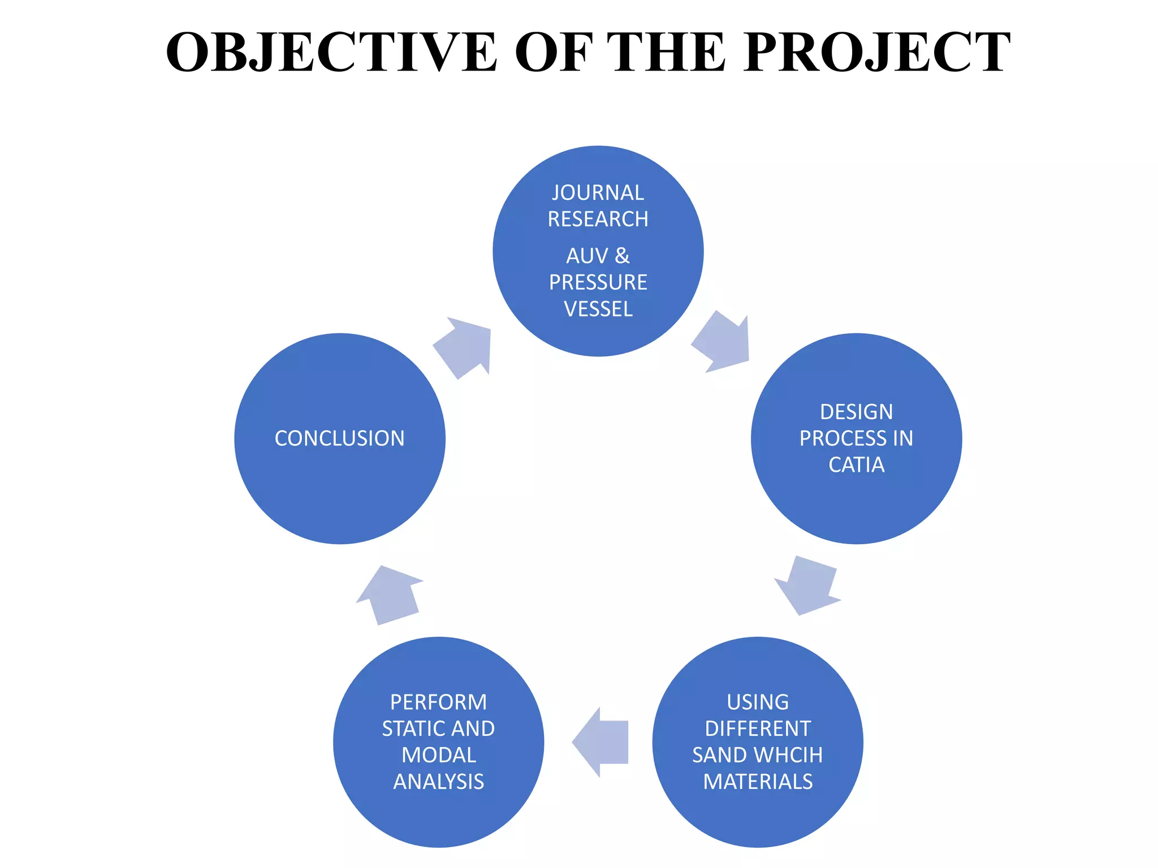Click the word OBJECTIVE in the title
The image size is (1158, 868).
click(x=331, y=52)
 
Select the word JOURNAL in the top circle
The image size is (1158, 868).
click(x=598, y=193)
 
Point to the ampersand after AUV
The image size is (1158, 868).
click(x=622, y=256)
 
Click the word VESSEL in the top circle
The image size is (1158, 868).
click(x=598, y=309)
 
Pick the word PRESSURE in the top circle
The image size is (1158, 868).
click(x=598, y=283)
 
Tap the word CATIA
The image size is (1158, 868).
click(x=856, y=465)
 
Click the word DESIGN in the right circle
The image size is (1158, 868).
click(x=856, y=412)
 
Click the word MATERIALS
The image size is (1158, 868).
click(x=758, y=782)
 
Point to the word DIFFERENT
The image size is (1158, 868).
click(x=758, y=728)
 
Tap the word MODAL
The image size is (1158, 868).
click(x=439, y=755)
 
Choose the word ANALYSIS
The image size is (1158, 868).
click(x=439, y=782)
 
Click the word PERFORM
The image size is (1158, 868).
click(x=439, y=702)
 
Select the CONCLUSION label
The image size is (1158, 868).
click(x=340, y=439)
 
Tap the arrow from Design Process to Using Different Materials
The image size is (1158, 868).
click(x=807, y=586)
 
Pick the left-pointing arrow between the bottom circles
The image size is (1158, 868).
click(x=600, y=742)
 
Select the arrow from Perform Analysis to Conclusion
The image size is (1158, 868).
click(x=390, y=595)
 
